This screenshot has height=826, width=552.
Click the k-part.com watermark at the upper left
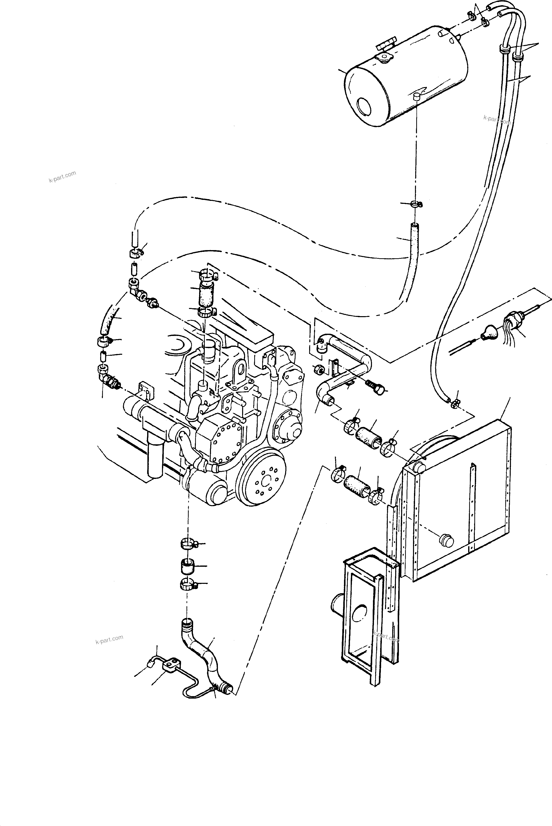pos(62,177)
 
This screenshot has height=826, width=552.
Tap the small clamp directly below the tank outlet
pos(416,204)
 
